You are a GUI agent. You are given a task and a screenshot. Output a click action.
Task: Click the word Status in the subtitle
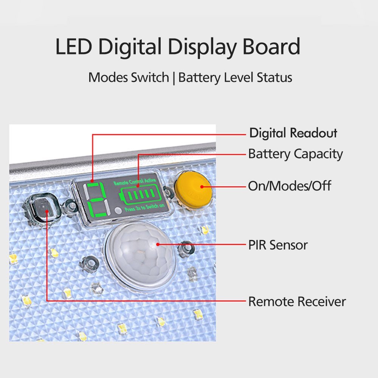click(274, 78)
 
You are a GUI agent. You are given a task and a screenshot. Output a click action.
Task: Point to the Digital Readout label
click(293, 133)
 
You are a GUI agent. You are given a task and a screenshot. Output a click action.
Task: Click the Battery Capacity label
click(295, 154)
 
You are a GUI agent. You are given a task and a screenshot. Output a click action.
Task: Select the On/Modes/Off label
click(290, 186)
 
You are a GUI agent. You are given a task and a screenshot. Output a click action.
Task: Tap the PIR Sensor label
click(278, 245)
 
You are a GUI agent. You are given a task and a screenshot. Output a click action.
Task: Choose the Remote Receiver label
click(297, 302)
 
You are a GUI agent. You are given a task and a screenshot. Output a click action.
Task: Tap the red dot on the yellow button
click(200, 186)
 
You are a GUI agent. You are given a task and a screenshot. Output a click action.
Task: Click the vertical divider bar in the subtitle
click(174, 78)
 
